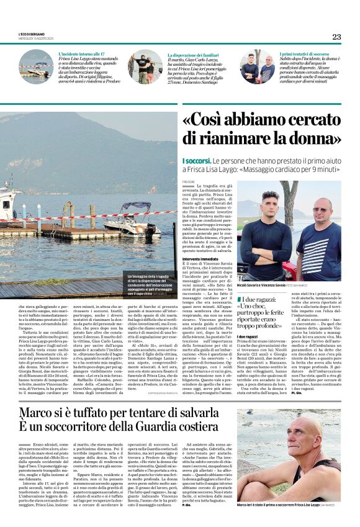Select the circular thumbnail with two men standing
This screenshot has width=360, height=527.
point(258,66)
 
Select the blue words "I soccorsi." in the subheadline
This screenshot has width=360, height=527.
point(195,161)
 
